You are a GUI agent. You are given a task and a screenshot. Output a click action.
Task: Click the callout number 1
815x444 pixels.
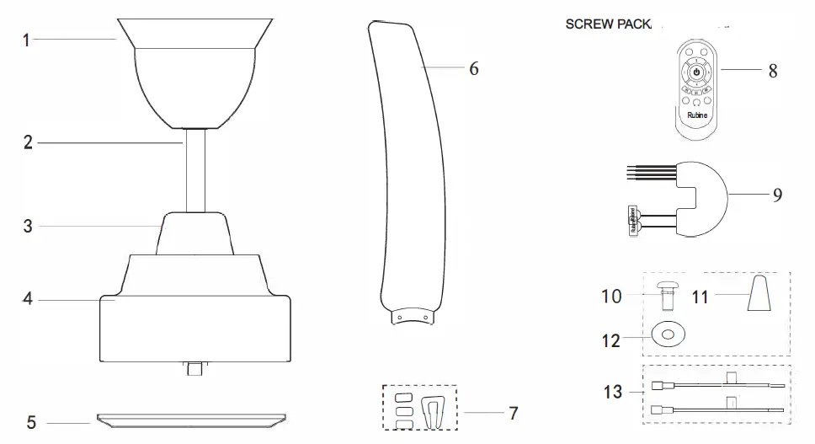click(x=26, y=39)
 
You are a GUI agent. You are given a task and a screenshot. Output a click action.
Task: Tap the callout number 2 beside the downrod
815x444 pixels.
click(x=28, y=143)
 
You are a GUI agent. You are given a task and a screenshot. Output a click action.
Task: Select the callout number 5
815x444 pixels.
click(x=30, y=423)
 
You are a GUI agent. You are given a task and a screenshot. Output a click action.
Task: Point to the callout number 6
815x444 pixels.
click(x=473, y=68)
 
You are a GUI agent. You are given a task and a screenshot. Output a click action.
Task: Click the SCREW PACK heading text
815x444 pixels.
click(x=609, y=24)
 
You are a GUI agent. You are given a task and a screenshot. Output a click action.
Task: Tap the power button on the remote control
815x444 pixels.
click(x=695, y=74)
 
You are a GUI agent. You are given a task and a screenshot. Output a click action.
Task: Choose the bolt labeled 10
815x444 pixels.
click(x=669, y=295)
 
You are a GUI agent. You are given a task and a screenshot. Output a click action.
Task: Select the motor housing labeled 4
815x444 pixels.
click(x=195, y=312)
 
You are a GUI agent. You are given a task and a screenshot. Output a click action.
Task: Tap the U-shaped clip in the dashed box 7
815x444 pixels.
click(x=434, y=413)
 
